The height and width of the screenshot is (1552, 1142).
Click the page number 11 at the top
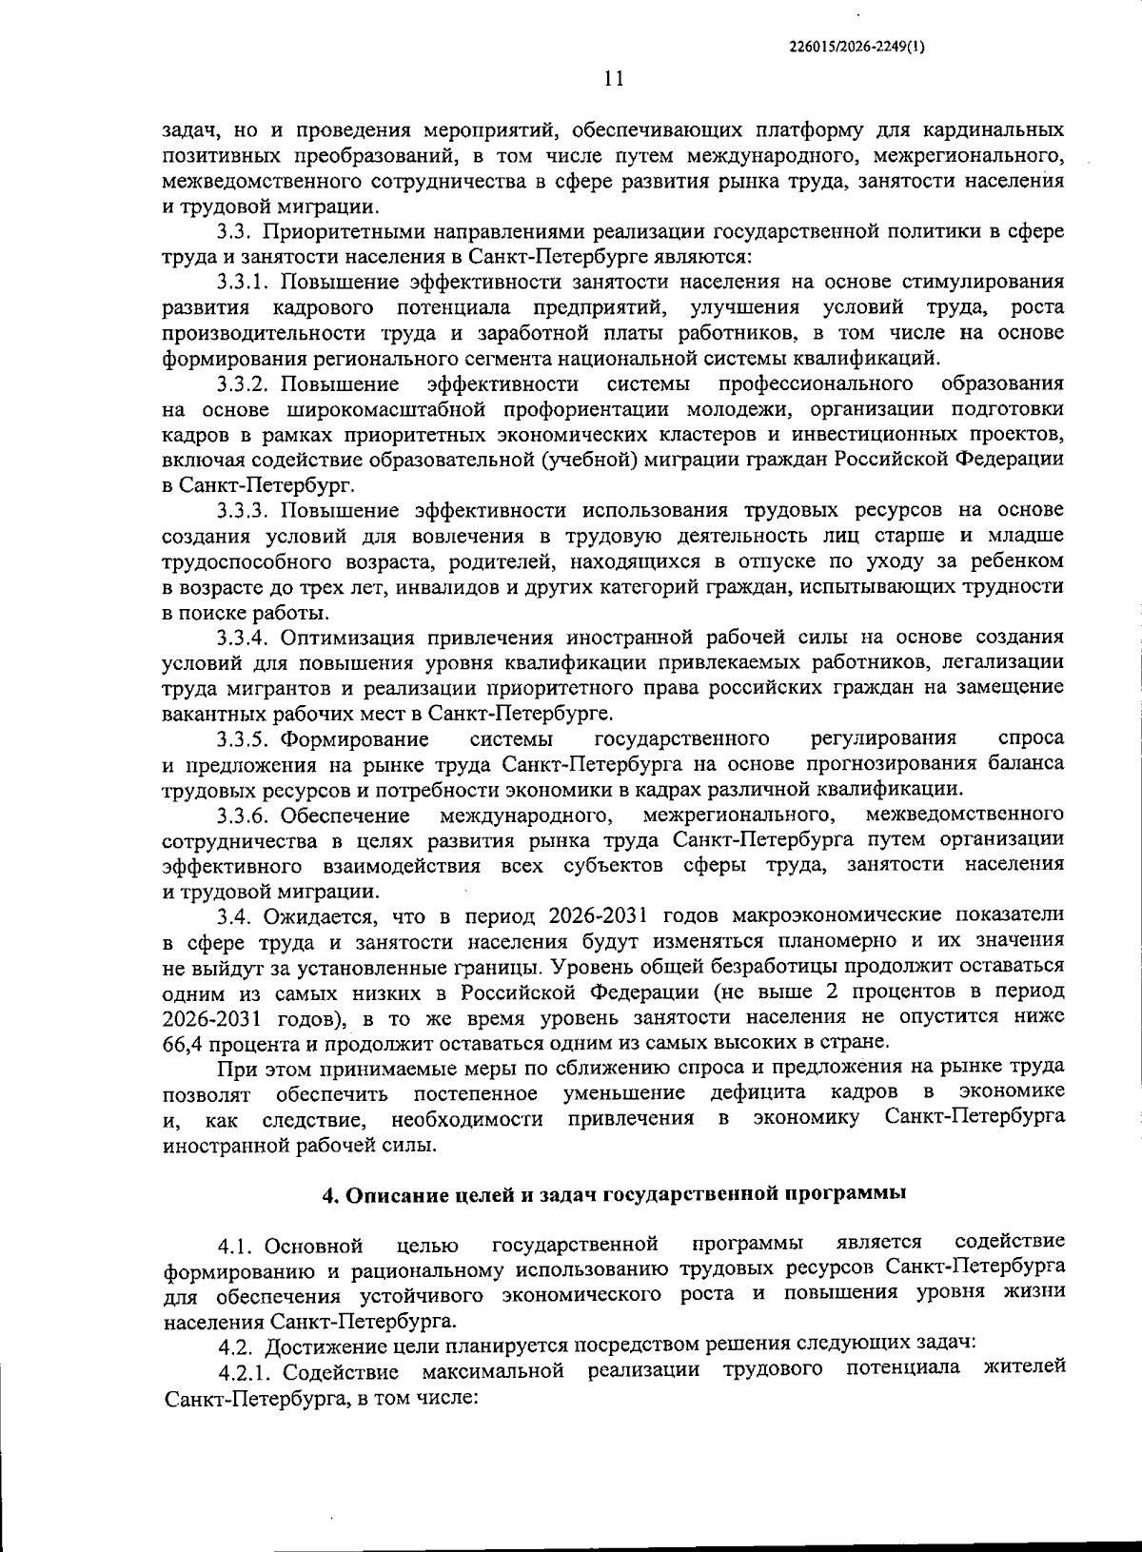point(613,80)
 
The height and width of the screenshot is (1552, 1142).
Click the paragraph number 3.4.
point(236,916)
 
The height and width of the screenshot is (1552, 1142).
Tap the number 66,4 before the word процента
point(183,1043)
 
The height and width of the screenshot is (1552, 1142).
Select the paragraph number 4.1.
point(236,1247)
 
